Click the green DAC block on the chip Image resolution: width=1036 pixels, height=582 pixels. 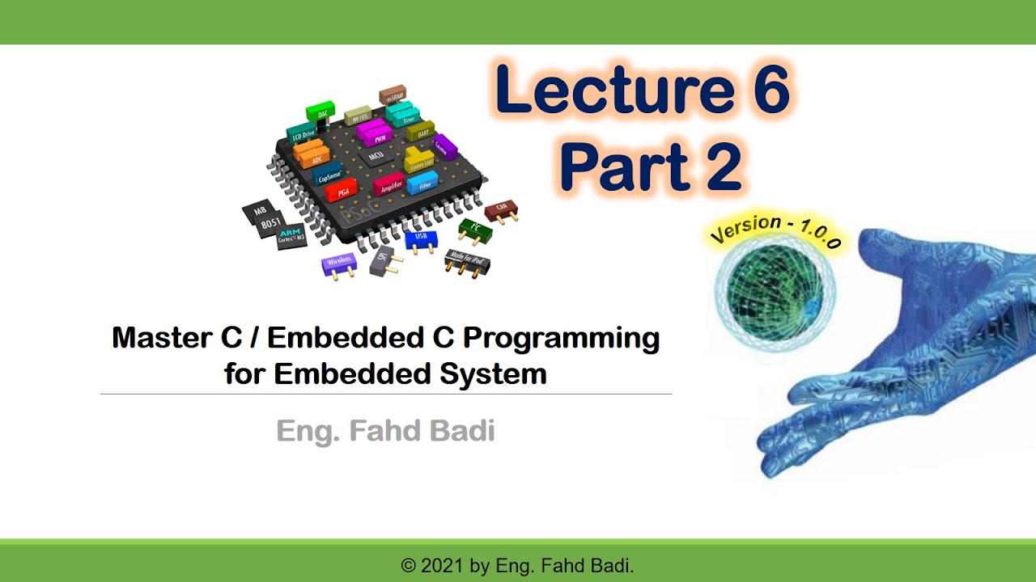tap(321, 112)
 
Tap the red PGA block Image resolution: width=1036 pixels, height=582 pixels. tap(341, 191)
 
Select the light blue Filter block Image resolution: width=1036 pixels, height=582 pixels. tap(422, 183)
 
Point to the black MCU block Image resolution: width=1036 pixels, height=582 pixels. tap(376, 154)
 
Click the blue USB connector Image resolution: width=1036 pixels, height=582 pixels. tap(420, 239)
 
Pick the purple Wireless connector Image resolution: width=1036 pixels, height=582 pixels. tap(338, 264)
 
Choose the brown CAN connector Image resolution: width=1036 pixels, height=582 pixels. tap(501, 213)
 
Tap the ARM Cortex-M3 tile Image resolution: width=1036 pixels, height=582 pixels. tap(291, 235)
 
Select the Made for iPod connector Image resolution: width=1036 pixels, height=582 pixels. tap(467, 260)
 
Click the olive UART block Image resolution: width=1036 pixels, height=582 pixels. tap(420, 131)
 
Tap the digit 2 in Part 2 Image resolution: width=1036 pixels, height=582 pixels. tap(717, 167)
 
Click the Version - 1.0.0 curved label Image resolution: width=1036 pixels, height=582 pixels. tap(775, 232)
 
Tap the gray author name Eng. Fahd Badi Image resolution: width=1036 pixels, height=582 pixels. tap(385, 431)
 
